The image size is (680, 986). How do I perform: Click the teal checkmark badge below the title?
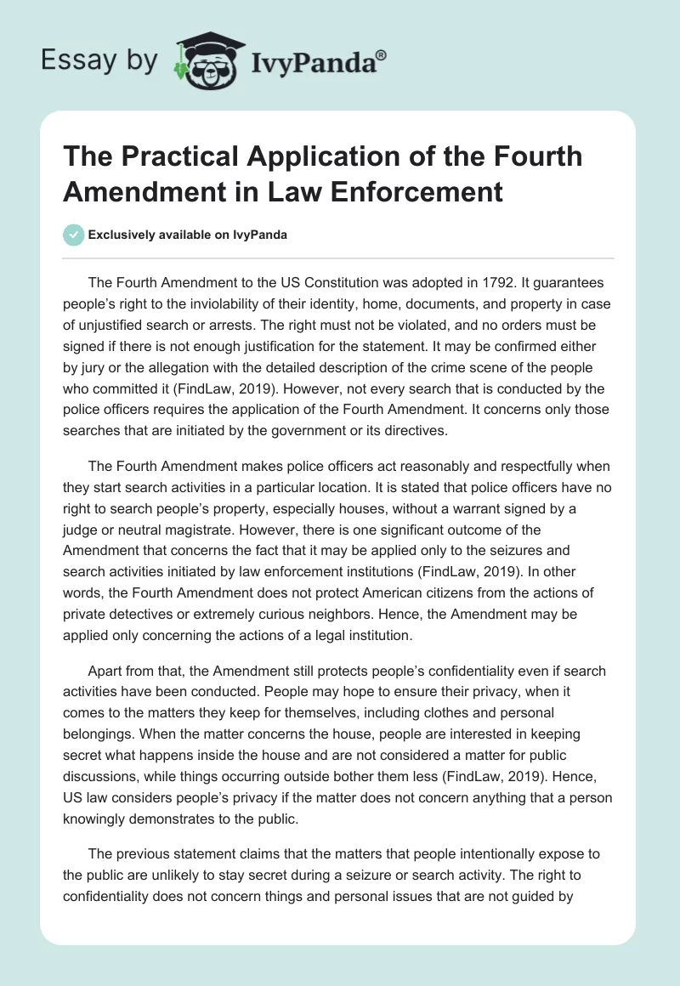point(74,235)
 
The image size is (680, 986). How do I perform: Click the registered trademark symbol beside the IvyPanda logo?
point(382,54)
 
